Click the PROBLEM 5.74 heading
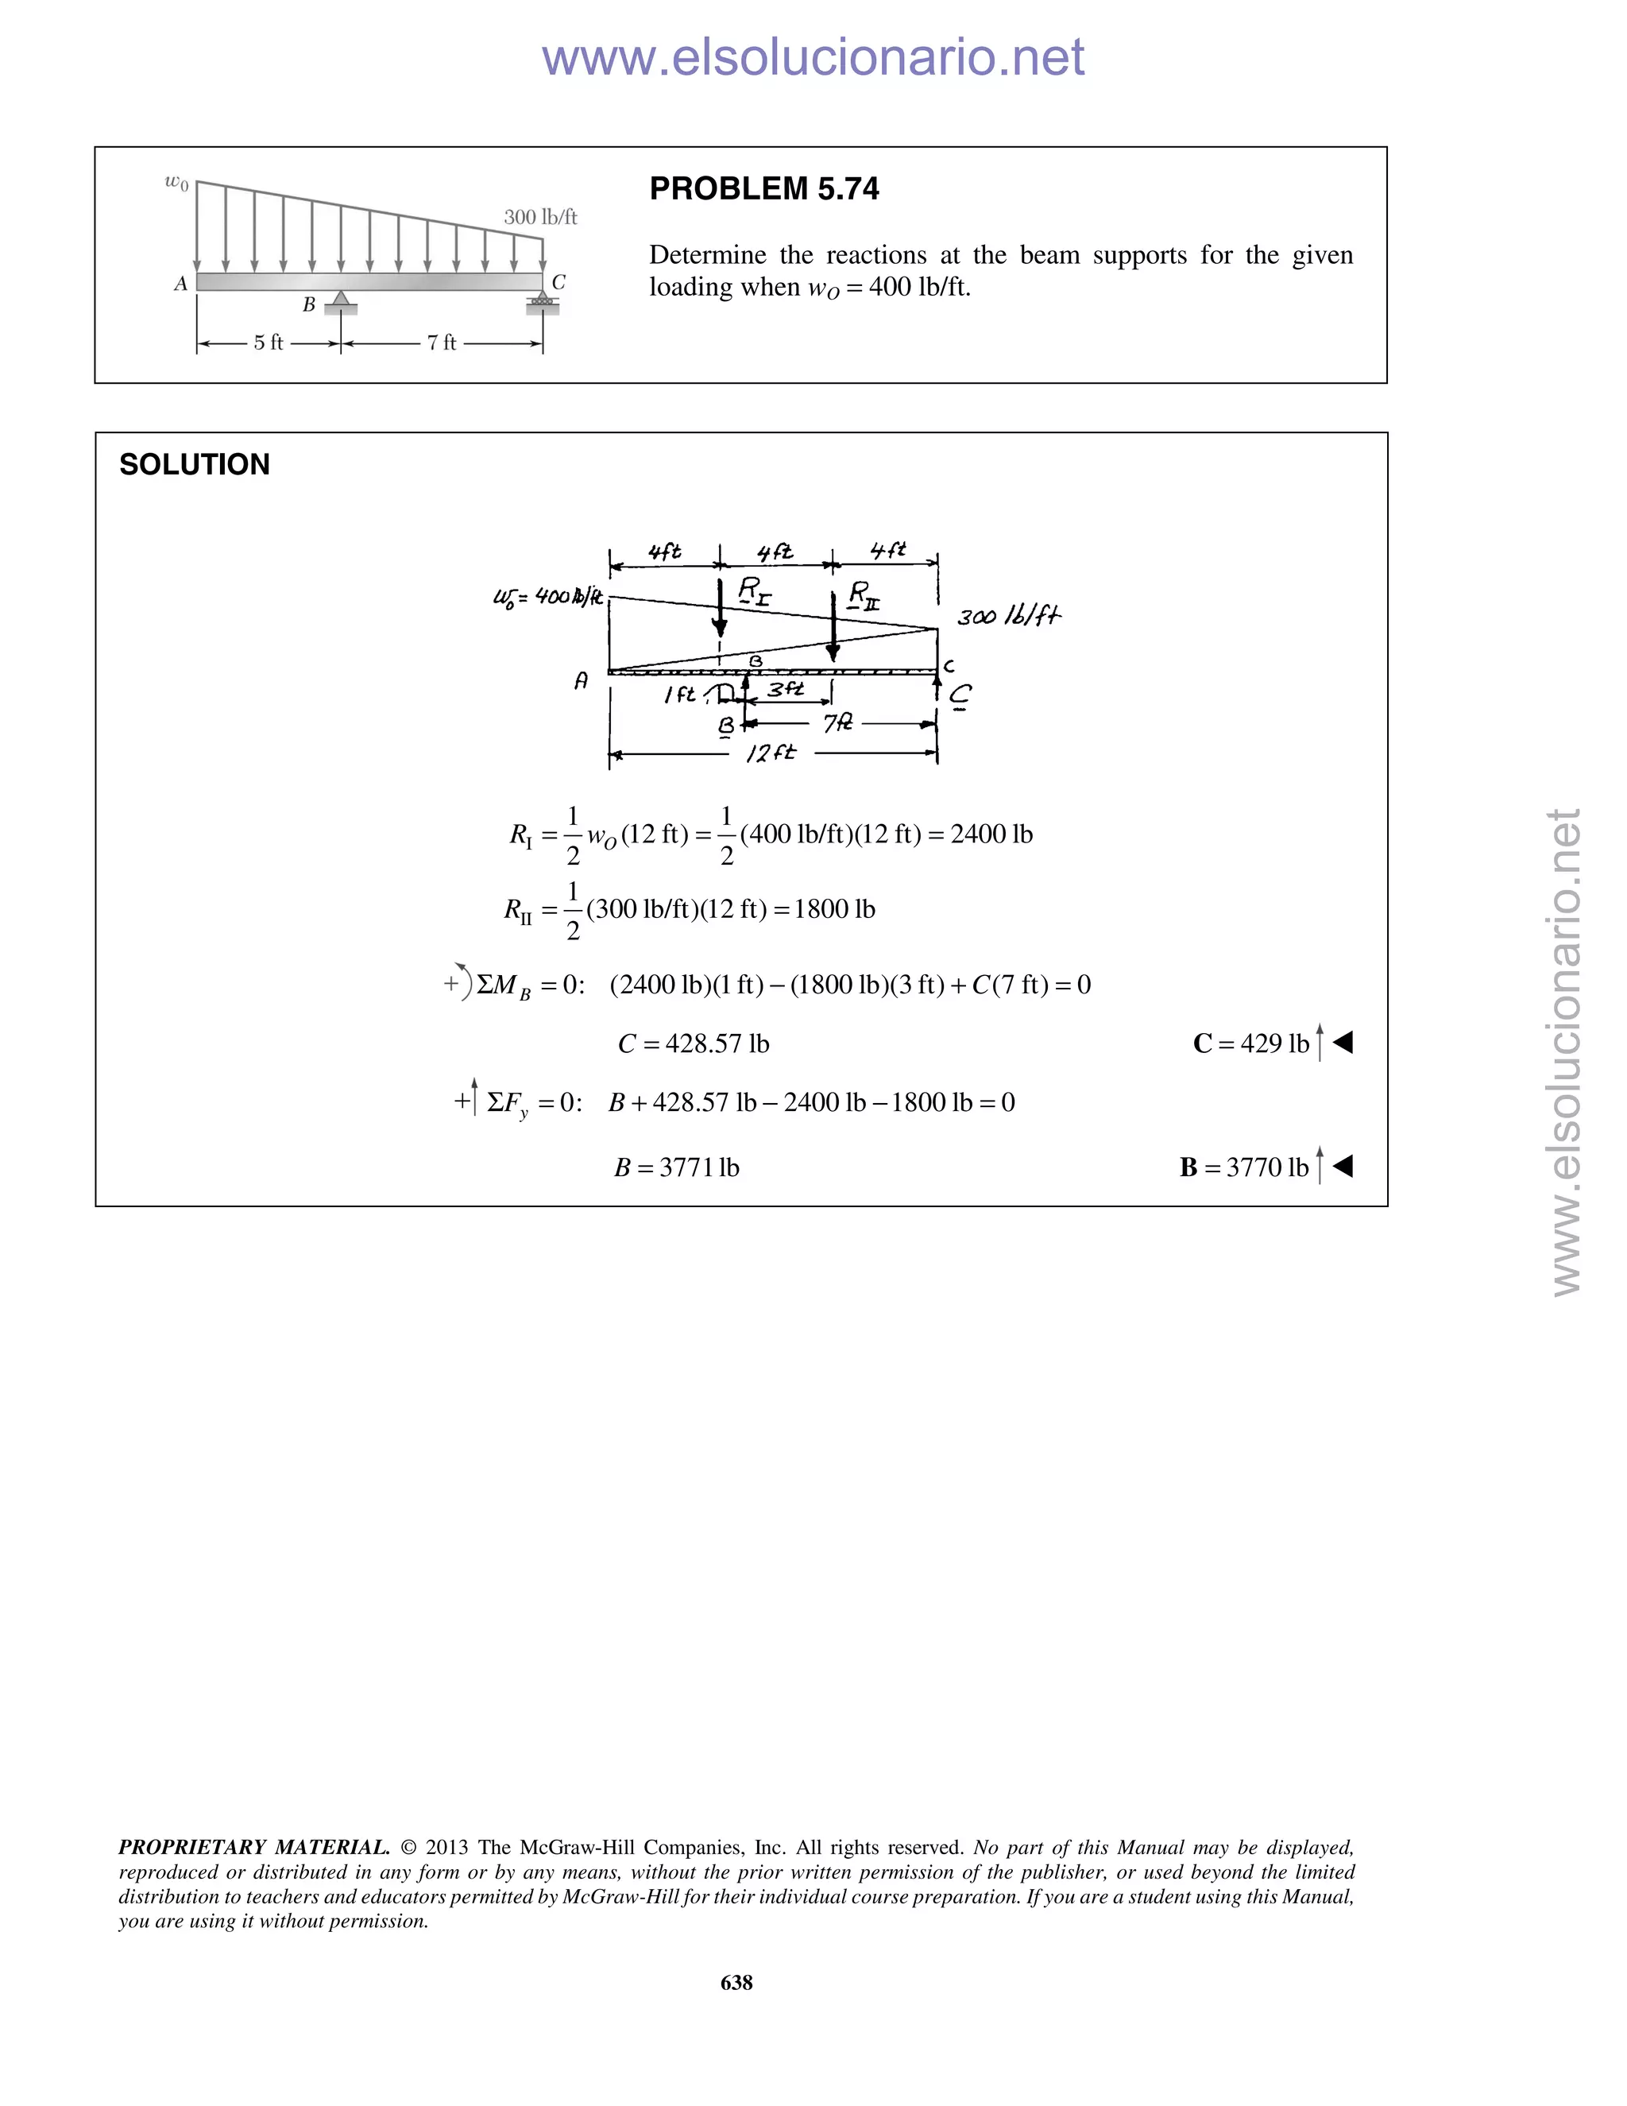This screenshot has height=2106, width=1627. click(x=763, y=188)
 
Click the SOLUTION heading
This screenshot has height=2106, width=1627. click(x=194, y=464)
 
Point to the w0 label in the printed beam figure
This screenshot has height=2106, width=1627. click(x=176, y=181)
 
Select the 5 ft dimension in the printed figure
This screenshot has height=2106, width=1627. click(x=268, y=343)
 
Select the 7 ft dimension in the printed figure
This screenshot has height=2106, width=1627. click(x=442, y=343)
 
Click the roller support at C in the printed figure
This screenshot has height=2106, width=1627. click(x=543, y=303)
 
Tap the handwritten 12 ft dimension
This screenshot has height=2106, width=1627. click(x=771, y=752)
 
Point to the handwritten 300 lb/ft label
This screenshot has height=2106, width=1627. click(x=1008, y=616)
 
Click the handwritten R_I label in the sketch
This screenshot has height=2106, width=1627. click(x=754, y=590)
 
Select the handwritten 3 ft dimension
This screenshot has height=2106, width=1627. click(x=786, y=688)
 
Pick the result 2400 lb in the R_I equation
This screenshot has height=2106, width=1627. click(x=991, y=834)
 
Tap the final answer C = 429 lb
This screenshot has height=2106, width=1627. click(x=1251, y=1043)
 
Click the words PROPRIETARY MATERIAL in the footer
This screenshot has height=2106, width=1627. click(x=253, y=1848)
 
